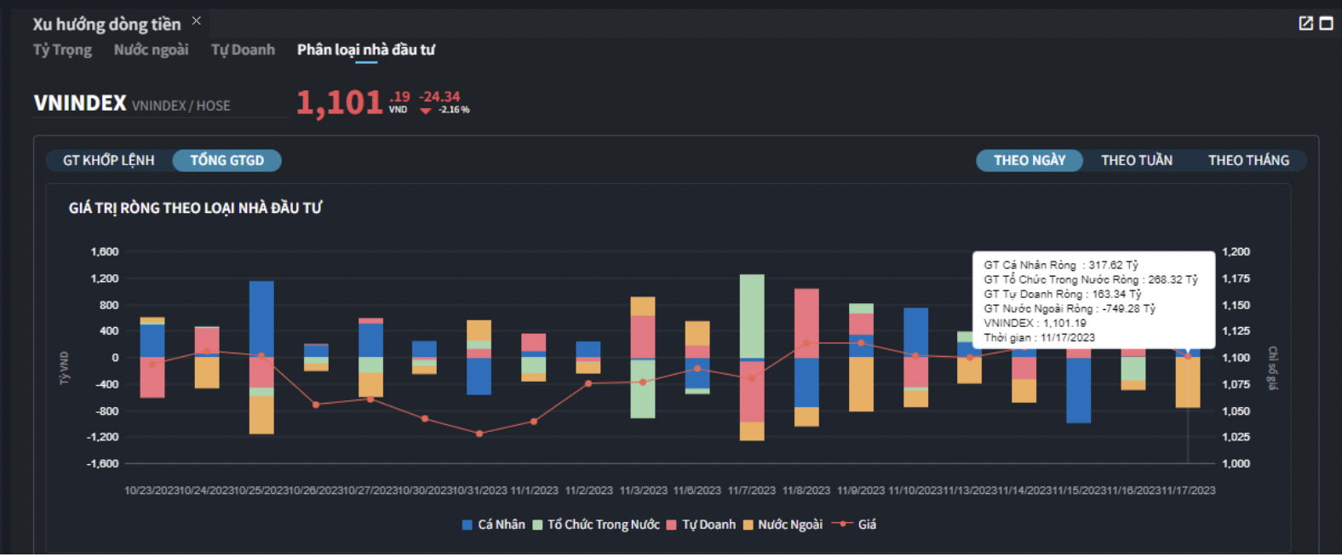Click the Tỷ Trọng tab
pyautogui.click(x=62, y=50)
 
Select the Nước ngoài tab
pyautogui.click(x=151, y=50)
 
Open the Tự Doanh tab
pyautogui.click(x=243, y=50)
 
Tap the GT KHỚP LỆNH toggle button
pyautogui.click(x=108, y=160)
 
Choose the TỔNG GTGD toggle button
pyautogui.click(x=227, y=160)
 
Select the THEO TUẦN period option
pyautogui.click(x=1136, y=160)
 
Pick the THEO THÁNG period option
pyautogui.click(x=1247, y=160)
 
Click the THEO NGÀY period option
pyautogui.click(x=1029, y=160)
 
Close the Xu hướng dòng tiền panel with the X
pyautogui.click(x=197, y=20)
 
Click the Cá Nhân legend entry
pyautogui.click(x=493, y=525)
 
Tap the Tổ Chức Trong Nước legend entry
pyautogui.click(x=596, y=525)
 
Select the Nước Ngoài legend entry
pyautogui.click(x=783, y=525)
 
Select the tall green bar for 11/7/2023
pyautogui.click(x=752, y=315)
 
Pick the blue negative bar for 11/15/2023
pyautogui.click(x=1078, y=390)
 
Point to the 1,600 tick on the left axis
pyautogui.click(x=105, y=252)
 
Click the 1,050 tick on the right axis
pyautogui.click(x=1236, y=411)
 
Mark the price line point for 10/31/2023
pyautogui.click(x=479, y=434)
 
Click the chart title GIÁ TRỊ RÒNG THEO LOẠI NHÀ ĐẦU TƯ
pyautogui.click(x=195, y=208)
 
